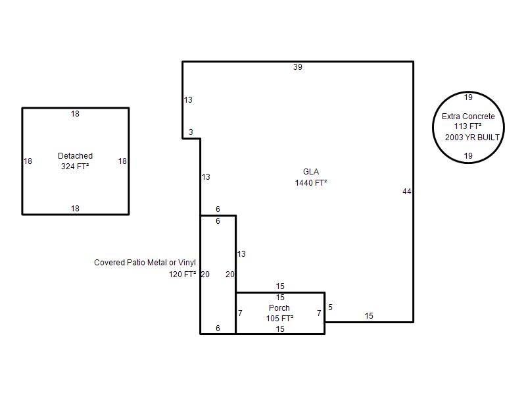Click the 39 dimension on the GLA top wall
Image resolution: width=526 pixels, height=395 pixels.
(x=298, y=67)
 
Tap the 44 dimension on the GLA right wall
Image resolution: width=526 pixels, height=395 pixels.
(x=406, y=192)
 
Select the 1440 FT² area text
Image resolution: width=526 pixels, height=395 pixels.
(x=311, y=183)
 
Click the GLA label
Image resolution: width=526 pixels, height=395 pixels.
(x=311, y=172)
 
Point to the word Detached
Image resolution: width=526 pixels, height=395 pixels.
(x=75, y=156)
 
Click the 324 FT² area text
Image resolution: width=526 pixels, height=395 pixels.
(x=75, y=167)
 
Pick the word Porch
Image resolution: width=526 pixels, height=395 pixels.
(x=279, y=307)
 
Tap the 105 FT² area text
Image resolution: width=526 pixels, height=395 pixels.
(x=280, y=318)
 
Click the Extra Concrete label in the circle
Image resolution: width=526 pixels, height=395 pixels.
(x=468, y=117)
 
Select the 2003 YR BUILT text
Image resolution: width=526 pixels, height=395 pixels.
(x=472, y=138)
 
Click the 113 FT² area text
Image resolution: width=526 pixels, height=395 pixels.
(x=468, y=126)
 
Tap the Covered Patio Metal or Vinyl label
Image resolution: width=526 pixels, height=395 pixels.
(x=145, y=262)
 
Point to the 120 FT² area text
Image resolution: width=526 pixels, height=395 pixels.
(x=183, y=275)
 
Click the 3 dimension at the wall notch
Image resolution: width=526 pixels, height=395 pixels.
(x=191, y=132)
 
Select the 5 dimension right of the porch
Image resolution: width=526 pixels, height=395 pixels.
(x=331, y=307)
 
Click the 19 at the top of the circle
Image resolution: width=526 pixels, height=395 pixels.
(x=468, y=97)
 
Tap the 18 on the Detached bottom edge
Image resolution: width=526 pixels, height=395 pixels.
(x=75, y=209)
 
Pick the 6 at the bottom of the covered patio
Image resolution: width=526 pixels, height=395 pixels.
(x=218, y=328)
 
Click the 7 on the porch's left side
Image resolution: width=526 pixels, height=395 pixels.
(x=240, y=313)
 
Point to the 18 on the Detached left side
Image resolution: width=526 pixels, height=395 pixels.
(x=28, y=161)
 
